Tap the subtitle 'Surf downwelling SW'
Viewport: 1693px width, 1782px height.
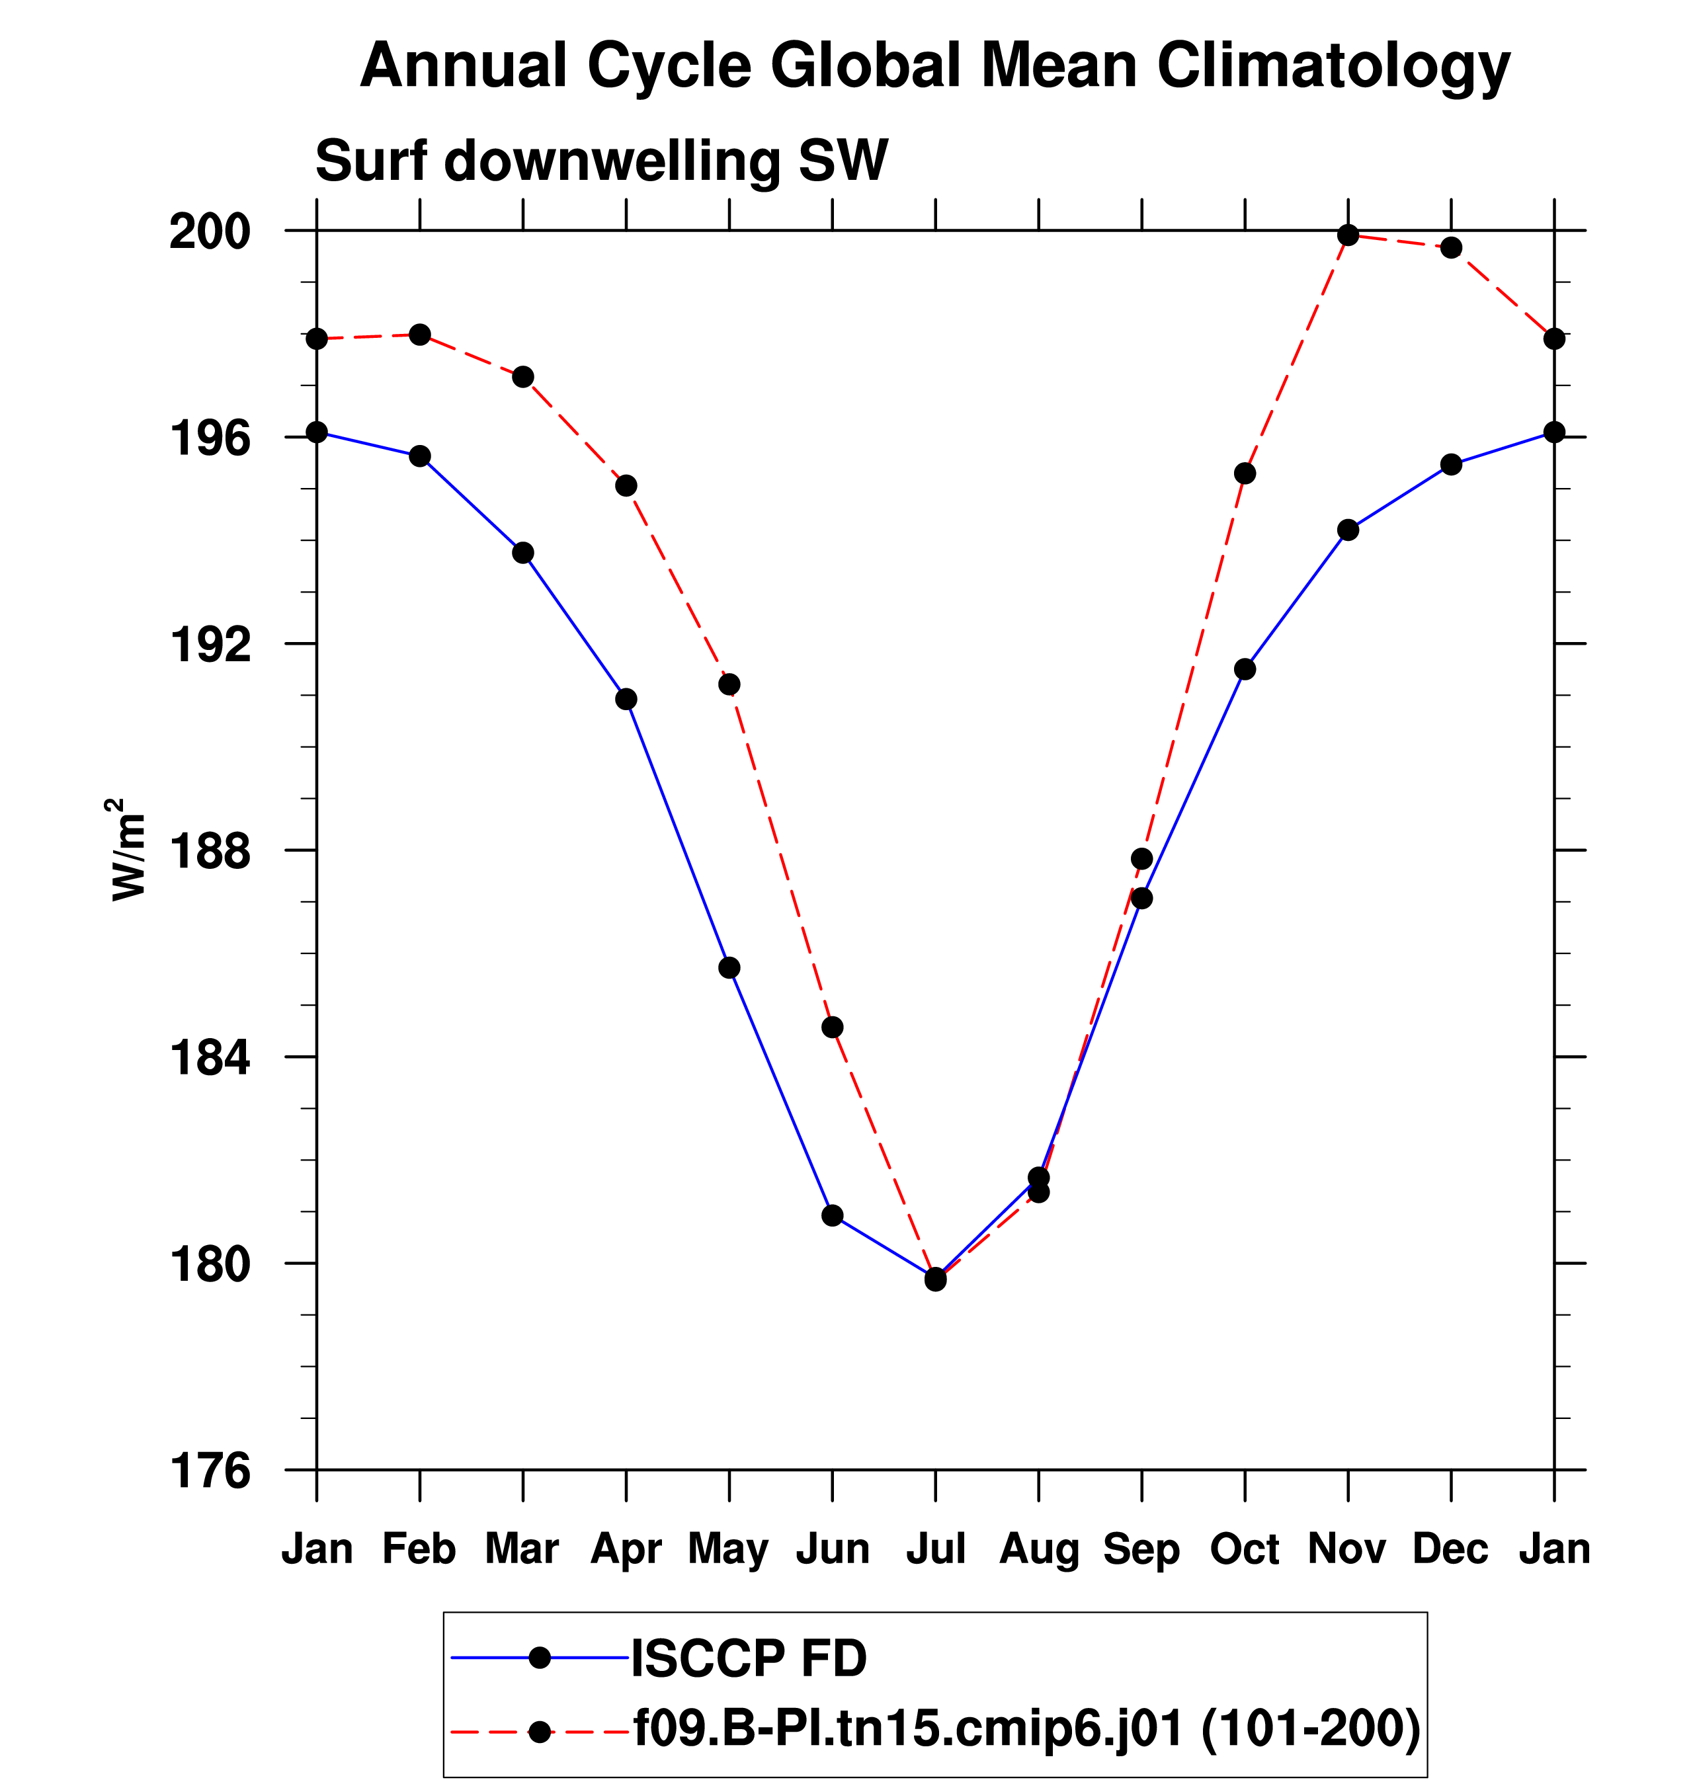[x=602, y=161]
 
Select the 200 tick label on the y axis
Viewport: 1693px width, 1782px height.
[x=210, y=232]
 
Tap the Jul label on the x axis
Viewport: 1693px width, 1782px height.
[x=936, y=1549]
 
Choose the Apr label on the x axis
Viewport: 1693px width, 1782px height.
[x=626, y=1549]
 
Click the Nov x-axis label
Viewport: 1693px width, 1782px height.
[x=1347, y=1549]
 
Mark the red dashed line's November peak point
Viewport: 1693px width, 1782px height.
[x=1348, y=235]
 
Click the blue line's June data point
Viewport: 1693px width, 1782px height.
[x=832, y=1215]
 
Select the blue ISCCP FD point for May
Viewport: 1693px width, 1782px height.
[x=729, y=968]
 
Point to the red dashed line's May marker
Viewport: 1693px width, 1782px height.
[x=729, y=685]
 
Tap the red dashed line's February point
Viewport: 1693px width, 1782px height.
[x=420, y=335]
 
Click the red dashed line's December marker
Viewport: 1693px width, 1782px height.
[x=1451, y=248]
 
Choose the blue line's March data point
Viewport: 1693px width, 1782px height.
[x=523, y=553]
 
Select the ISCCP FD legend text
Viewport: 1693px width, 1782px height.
[x=749, y=1658]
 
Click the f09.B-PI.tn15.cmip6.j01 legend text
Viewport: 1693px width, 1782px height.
[x=1027, y=1728]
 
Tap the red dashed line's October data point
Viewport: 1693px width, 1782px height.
[x=1245, y=473]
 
